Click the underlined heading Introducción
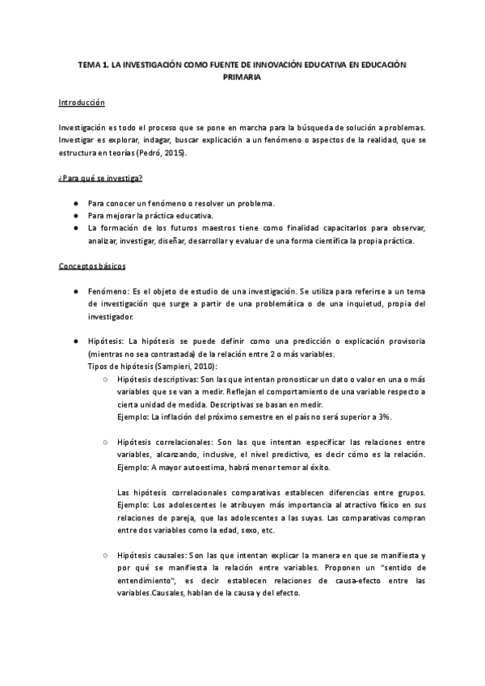[x=81, y=104]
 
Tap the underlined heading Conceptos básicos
[x=92, y=266]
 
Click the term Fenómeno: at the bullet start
[x=106, y=290]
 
